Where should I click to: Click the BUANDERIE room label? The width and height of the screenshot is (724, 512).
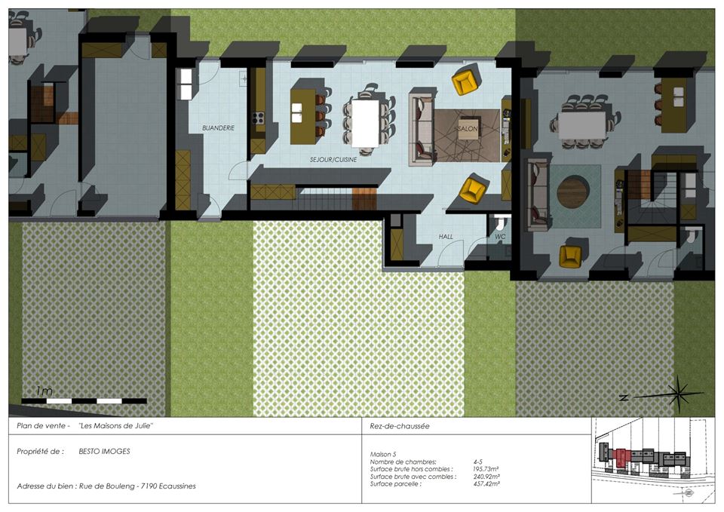click(x=219, y=128)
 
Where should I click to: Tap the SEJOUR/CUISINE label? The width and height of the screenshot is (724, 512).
click(x=333, y=160)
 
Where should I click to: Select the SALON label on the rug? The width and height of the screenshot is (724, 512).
click(x=467, y=129)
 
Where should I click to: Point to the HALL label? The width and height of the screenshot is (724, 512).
click(x=446, y=237)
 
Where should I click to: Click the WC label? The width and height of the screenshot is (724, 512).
click(x=501, y=237)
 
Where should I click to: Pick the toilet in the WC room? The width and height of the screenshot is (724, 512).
click(x=499, y=224)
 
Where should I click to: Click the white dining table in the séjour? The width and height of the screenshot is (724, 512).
click(x=365, y=123)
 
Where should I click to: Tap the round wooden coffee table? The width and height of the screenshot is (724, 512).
click(x=573, y=192)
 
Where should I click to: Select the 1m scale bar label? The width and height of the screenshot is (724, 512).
click(x=44, y=391)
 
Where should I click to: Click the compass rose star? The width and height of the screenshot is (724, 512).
click(x=677, y=394)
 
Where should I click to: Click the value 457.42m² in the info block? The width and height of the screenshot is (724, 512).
click(x=486, y=484)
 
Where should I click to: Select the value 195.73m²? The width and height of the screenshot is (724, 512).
click(x=486, y=469)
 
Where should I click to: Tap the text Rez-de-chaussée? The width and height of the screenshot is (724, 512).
click(x=400, y=426)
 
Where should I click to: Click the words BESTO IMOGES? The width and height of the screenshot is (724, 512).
click(x=104, y=452)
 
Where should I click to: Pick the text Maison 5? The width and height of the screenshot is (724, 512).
click(x=383, y=454)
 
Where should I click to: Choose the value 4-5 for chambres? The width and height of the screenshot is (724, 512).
click(x=478, y=461)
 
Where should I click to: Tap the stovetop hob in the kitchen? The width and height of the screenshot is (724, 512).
click(x=258, y=118)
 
